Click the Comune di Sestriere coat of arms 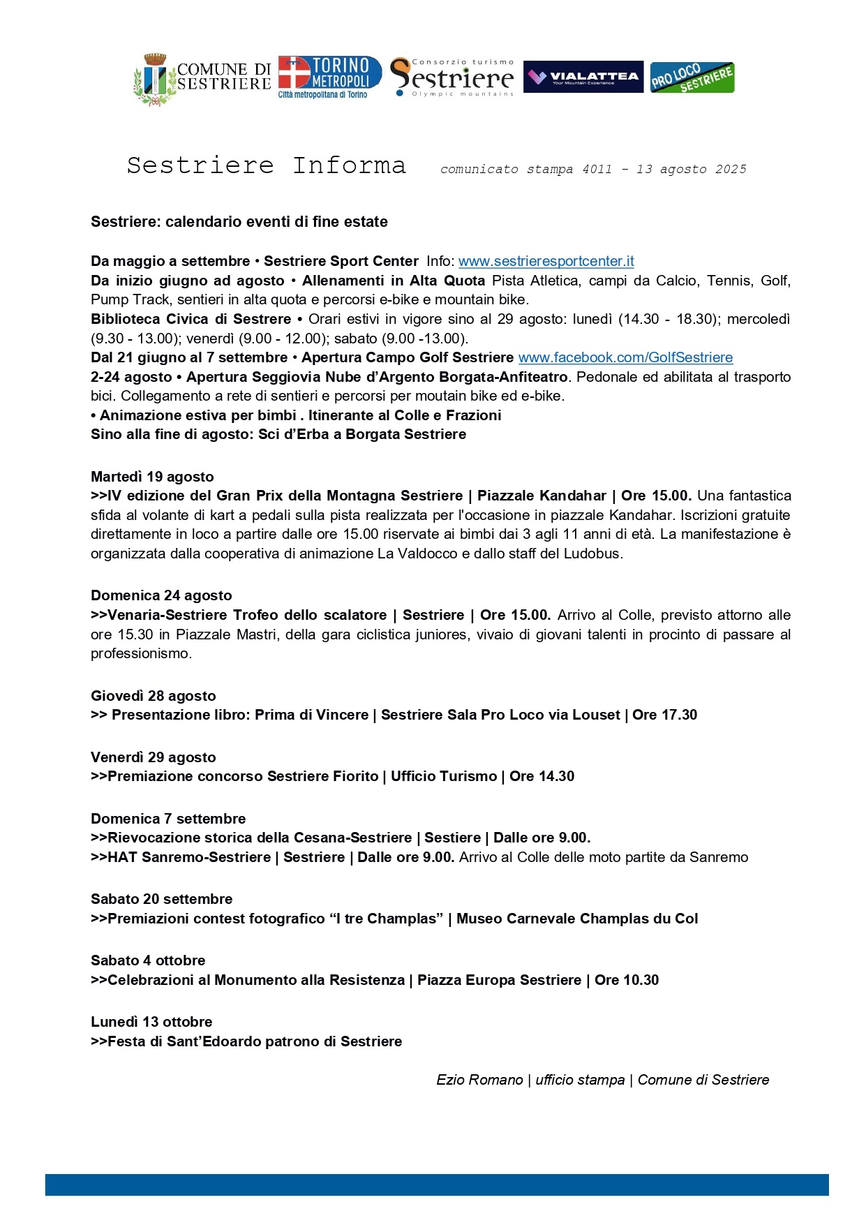155,79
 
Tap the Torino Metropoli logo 330,77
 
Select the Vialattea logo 583,77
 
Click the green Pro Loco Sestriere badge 692,77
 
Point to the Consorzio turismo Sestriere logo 452,77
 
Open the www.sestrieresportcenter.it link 546,261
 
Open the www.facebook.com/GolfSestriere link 625,357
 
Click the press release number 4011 597,169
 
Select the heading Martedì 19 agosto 152,477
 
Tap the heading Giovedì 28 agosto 154,696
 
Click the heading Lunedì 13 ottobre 151,1022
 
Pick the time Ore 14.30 542,776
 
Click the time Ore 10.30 627,980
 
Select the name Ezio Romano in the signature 479,1080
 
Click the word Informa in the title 349,165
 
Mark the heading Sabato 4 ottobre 148,960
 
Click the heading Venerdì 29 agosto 154,757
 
